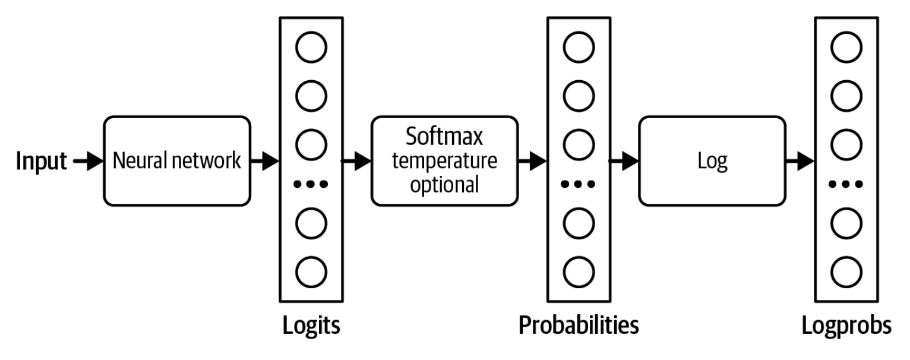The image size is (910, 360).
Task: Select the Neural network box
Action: tap(176, 161)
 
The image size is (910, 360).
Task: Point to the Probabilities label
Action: tap(579, 326)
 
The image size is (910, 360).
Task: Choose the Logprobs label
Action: tap(846, 326)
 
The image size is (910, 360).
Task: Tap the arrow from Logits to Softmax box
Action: tap(355, 161)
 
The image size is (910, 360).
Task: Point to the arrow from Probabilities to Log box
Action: tap(623, 161)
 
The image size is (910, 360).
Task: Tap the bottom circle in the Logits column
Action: tap(312, 271)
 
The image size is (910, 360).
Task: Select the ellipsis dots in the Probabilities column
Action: tap(579, 184)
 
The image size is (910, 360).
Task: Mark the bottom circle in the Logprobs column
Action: tap(846, 271)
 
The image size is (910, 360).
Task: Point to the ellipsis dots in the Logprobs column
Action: tap(846, 184)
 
